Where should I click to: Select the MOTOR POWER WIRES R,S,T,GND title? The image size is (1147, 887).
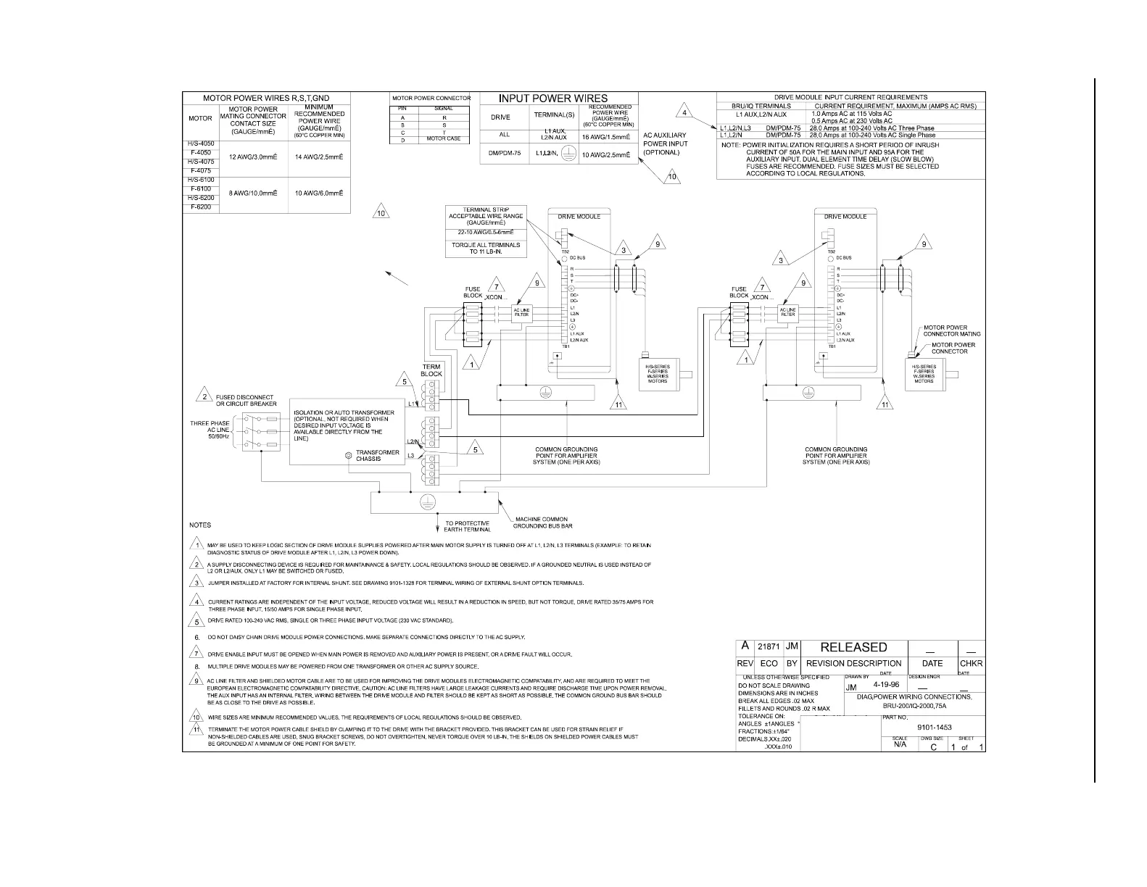tap(265, 98)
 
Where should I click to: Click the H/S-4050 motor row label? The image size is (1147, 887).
tap(200, 144)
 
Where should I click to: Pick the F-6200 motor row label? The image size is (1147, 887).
tap(200, 207)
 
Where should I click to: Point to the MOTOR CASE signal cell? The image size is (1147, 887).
tap(444, 138)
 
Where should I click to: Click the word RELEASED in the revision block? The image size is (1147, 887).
tap(853, 647)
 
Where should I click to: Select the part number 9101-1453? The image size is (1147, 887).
tap(935, 726)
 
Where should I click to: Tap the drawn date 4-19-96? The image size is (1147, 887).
tap(887, 684)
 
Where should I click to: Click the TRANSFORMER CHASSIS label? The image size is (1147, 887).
tap(377, 456)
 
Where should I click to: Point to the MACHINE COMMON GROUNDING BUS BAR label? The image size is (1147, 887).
tap(543, 522)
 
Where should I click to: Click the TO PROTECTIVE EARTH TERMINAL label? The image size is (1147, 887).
tap(467, 526)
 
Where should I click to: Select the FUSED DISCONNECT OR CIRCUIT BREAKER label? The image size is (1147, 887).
tap(244, 401)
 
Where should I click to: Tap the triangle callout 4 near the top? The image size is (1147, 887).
tap(683, 112)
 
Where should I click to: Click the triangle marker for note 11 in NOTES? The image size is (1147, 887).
tap(196, 729)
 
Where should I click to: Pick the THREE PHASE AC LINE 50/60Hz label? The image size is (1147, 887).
tap(210, 430)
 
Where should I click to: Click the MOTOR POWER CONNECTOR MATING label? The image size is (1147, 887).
tap(951, 331)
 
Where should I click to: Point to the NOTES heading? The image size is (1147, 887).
tap(200, 525)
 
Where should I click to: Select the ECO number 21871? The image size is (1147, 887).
tap(768, 647)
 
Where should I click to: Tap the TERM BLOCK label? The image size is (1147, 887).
tap(431, 370)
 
